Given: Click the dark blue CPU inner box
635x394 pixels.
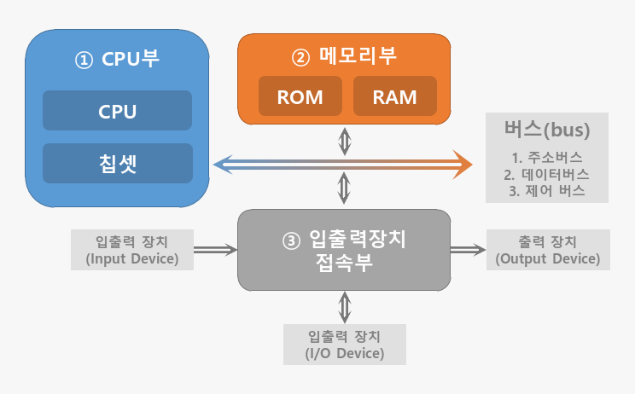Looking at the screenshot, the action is click(118, 110).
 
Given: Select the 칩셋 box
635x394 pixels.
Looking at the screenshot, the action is click(118, 163).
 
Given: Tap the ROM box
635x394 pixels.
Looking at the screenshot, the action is click(300, 96).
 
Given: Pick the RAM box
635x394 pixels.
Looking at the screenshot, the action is click(395, 96).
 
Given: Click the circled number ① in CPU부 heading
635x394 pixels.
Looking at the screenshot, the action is click(84, 61).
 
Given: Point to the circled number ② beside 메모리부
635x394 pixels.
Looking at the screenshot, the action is click(300, 57).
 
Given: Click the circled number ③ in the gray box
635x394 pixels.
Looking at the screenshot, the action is click(291, 241).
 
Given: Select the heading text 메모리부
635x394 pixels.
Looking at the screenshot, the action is click(358, 55).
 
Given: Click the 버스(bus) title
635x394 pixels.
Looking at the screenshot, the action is click(547, 130).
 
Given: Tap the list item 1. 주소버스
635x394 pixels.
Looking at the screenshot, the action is click(547, 158).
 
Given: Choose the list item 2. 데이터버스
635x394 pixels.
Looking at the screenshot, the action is click(547, 174).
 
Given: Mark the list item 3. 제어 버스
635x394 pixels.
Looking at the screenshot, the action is click(547, 190).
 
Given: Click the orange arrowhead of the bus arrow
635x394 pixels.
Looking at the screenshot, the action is click(463, 165).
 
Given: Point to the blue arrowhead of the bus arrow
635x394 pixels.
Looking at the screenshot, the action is click(223, 165).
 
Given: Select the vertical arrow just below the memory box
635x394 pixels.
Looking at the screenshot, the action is click(345, 142).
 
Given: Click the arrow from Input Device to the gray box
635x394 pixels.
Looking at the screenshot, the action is click(215, 250).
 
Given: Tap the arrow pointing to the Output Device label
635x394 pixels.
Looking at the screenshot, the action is click(469, 250).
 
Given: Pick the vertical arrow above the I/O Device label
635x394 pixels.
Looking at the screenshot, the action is click(345, 307).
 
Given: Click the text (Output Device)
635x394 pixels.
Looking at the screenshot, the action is click(548, 259).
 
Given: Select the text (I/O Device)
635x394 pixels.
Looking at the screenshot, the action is click(345, 353).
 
